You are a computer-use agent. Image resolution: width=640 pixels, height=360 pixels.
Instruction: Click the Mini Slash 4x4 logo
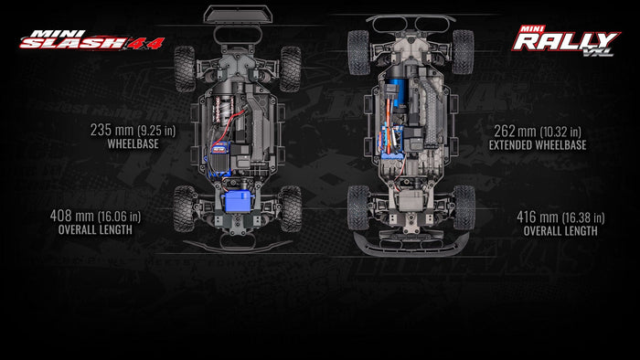(91, 40)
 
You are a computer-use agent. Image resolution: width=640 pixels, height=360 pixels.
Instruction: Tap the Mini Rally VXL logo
(566, 41)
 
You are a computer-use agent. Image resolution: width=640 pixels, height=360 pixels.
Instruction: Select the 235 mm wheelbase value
(133, 130)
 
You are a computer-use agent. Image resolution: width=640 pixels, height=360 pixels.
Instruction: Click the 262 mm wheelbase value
(538, 132)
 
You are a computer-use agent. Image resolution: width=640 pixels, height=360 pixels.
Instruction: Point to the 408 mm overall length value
(95, 216)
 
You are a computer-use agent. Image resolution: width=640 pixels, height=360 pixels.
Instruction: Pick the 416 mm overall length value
(560, 217)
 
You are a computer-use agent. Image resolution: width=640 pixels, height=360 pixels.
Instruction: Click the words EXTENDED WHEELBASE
(538, 145)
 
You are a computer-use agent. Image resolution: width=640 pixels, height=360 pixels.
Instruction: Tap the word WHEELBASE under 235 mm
(133, 144)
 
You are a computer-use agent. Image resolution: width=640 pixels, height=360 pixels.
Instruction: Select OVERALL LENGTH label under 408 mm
(95, 230)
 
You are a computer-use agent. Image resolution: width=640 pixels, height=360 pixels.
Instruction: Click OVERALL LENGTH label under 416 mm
(560, 231)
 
